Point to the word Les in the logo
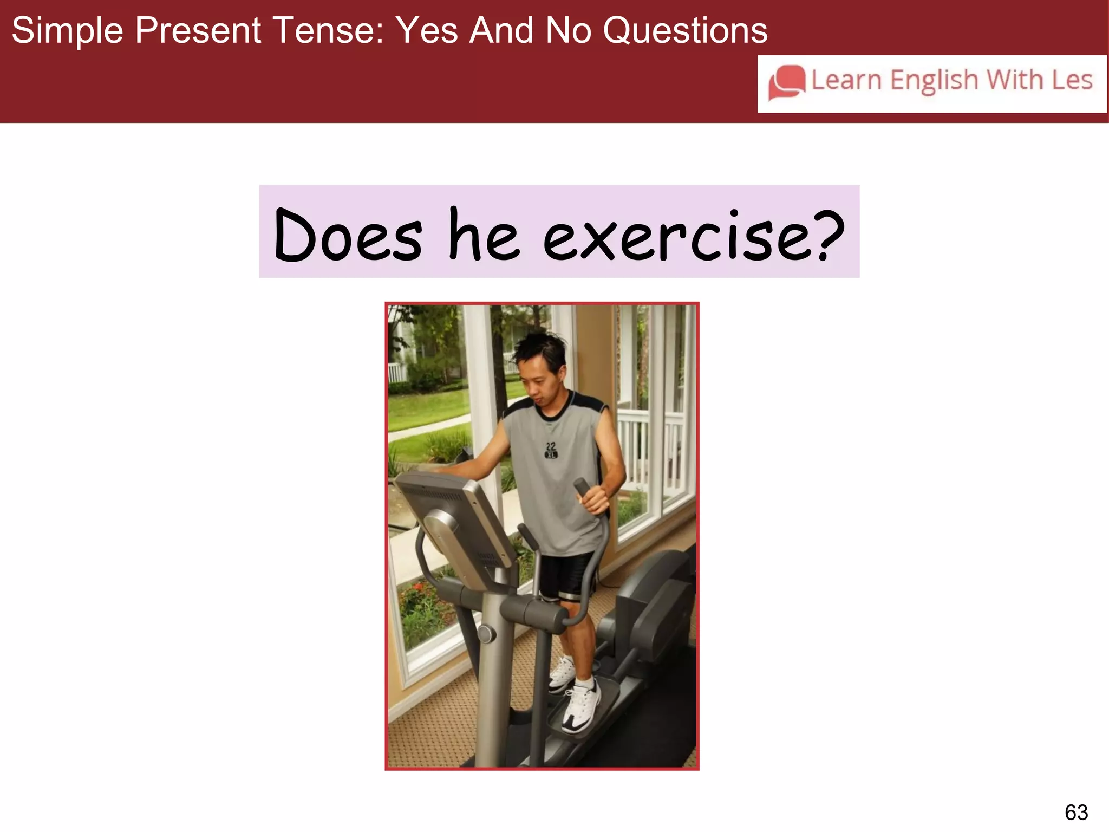(1072, 80)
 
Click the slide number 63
(1076, 812)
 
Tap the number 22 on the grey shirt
(551, 447)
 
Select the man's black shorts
(566, 577)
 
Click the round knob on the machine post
(486, 633)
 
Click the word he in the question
(484, 236)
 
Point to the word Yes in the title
(427, 30)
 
